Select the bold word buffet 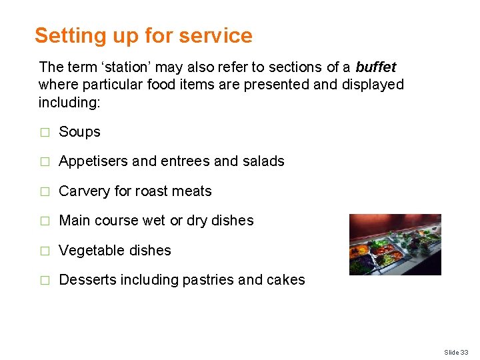coord(376,67)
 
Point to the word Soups coord(79,132)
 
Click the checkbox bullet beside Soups coord(45,133)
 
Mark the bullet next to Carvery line coord(45,192)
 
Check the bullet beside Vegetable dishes coord(45,251)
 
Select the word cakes coord(287,280)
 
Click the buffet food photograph coord(395,245)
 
